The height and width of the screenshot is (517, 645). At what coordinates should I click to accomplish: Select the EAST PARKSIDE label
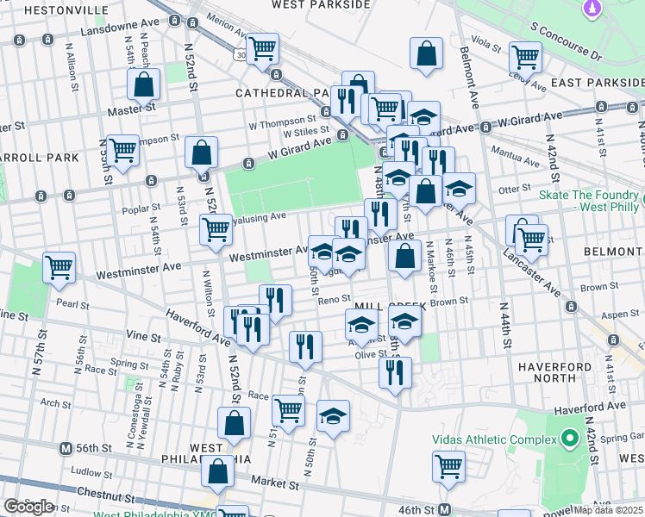pos(598,82)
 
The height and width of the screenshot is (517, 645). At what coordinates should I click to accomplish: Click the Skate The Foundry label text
pos(590,194)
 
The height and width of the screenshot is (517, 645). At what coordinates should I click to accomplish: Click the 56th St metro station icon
pos(65,449)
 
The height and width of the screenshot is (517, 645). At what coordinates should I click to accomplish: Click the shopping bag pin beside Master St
pos(144,84)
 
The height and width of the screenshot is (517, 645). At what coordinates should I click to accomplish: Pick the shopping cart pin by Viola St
pos(525,57)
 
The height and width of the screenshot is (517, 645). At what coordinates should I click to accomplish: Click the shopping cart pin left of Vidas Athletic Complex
pos(448,466)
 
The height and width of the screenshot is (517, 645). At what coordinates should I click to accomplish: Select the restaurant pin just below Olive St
pos(395,371)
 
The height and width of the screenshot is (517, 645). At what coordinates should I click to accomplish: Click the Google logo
pos(28,507)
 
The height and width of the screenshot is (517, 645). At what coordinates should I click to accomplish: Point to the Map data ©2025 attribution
pos(608,510)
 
